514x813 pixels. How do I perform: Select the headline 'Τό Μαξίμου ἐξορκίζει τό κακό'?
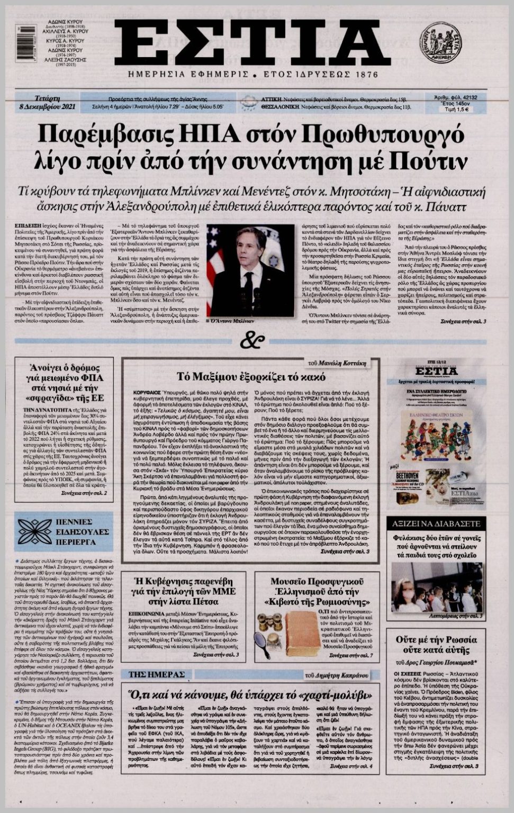250,377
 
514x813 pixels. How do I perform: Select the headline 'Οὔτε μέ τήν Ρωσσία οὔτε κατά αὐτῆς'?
436,645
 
